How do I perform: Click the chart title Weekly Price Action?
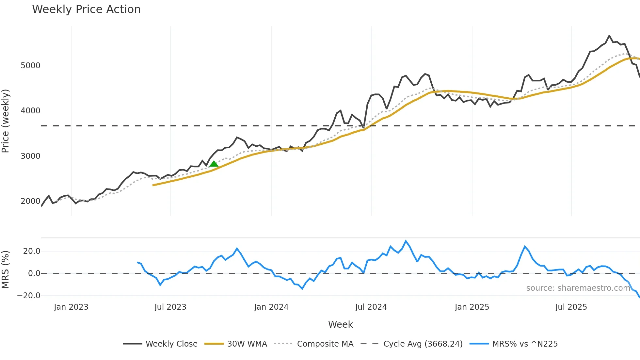[86, 9]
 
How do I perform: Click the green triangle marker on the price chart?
[214, 164]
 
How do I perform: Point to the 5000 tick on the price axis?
[30, 66]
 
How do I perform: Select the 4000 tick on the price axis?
[30, 111]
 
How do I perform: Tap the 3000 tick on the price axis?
[30, 156]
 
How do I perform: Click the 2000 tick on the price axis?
[30, 201]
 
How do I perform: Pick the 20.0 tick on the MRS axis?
[32, 251]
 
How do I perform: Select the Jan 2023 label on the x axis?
[71, 307]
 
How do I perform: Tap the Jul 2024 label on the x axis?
[371, 307]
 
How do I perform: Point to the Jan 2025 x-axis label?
[472, 307]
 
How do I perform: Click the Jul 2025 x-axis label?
[571, 307]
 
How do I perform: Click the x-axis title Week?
[340, 324]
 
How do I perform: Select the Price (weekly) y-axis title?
[6, 121]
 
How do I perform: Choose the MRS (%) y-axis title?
[6, 270]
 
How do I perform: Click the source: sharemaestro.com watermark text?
[578, 288]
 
